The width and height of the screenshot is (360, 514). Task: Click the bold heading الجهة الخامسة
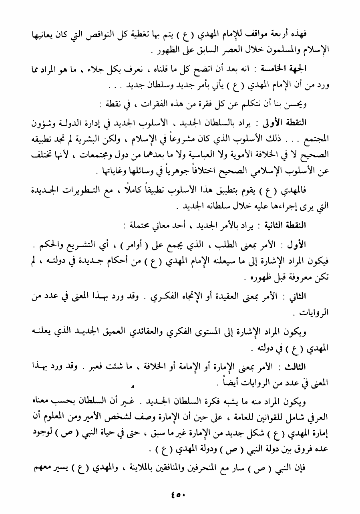pyautogui.click(x=310, y=69)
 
